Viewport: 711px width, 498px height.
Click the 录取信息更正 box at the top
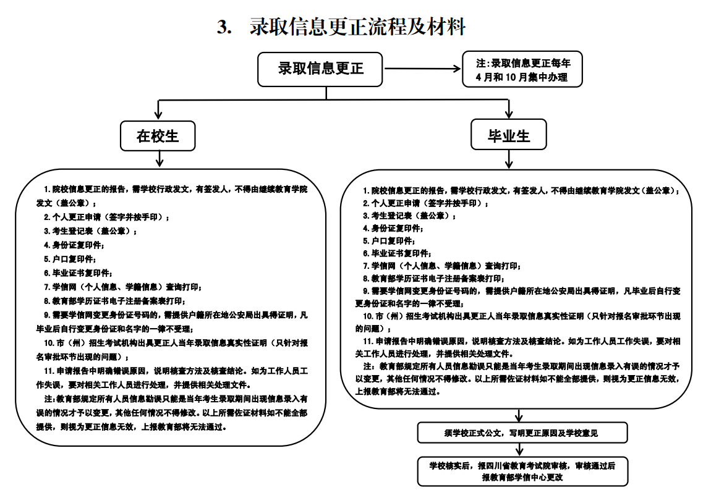pyautogui.click(x=320, y=68)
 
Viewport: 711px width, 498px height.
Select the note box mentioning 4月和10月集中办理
pyautogui.click(x=522, y=70)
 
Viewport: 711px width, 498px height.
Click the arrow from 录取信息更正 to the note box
pyautogui.click(x=423, y=68)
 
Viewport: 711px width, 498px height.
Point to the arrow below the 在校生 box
pyautogui.click(x=160, y=159)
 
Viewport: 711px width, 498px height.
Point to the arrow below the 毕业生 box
pyautogui.click(x=509, y=159)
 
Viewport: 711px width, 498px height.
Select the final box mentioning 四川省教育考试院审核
pyautogui.click(x=522, y=471)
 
